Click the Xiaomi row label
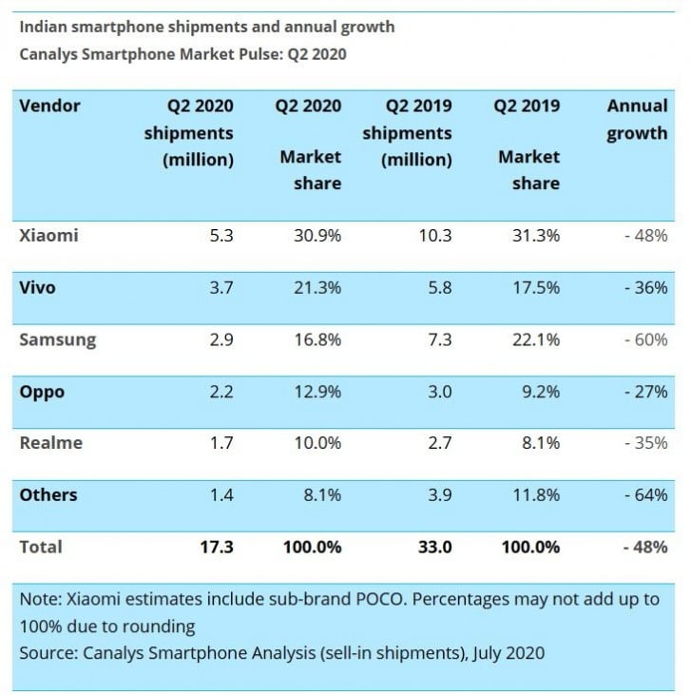[x=48, y=236]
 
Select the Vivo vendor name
[x=38, y=287]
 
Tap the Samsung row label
[x=57, y=339]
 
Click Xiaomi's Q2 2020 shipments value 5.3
[x=221, y=236]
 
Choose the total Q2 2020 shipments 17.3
[x=216, y=547]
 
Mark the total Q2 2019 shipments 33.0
[x=433, y=547]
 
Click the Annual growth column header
[x=637, y=119]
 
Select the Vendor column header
[x=49, y=106]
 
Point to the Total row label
[x=41, y=547]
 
